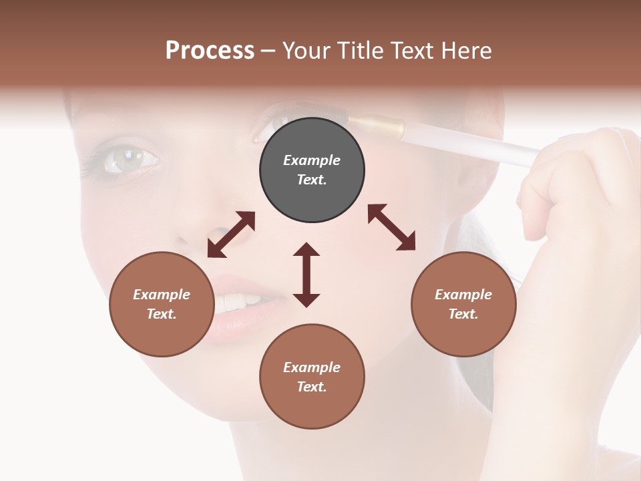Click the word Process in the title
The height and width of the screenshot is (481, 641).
click(x=210, y=51)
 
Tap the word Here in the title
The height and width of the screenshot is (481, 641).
click(x=465, y=51)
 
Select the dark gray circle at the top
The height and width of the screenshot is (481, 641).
click(x=312, y=170)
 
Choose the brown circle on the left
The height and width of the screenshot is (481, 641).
click(x=162, y=304)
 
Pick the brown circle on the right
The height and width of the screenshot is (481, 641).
click(x=463, y=304)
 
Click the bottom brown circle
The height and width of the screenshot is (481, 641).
click(x=312, y=376)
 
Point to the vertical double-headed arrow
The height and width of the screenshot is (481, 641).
click(x=306, y=275)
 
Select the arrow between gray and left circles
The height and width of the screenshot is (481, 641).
click(x=231, y=234)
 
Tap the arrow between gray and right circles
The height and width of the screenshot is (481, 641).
click(x=391, y=227)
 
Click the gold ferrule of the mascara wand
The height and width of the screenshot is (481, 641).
click(x=377, y=126)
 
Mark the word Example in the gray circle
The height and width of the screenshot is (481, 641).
click(x=312, y=160)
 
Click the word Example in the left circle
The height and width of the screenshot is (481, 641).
click(x=162, y=295)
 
